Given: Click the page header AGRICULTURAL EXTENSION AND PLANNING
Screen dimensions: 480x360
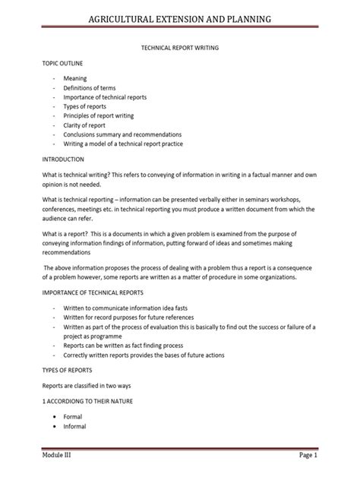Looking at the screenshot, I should [x=179, y=17].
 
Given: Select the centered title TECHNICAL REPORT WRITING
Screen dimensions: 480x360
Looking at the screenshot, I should [x=179, y=47].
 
